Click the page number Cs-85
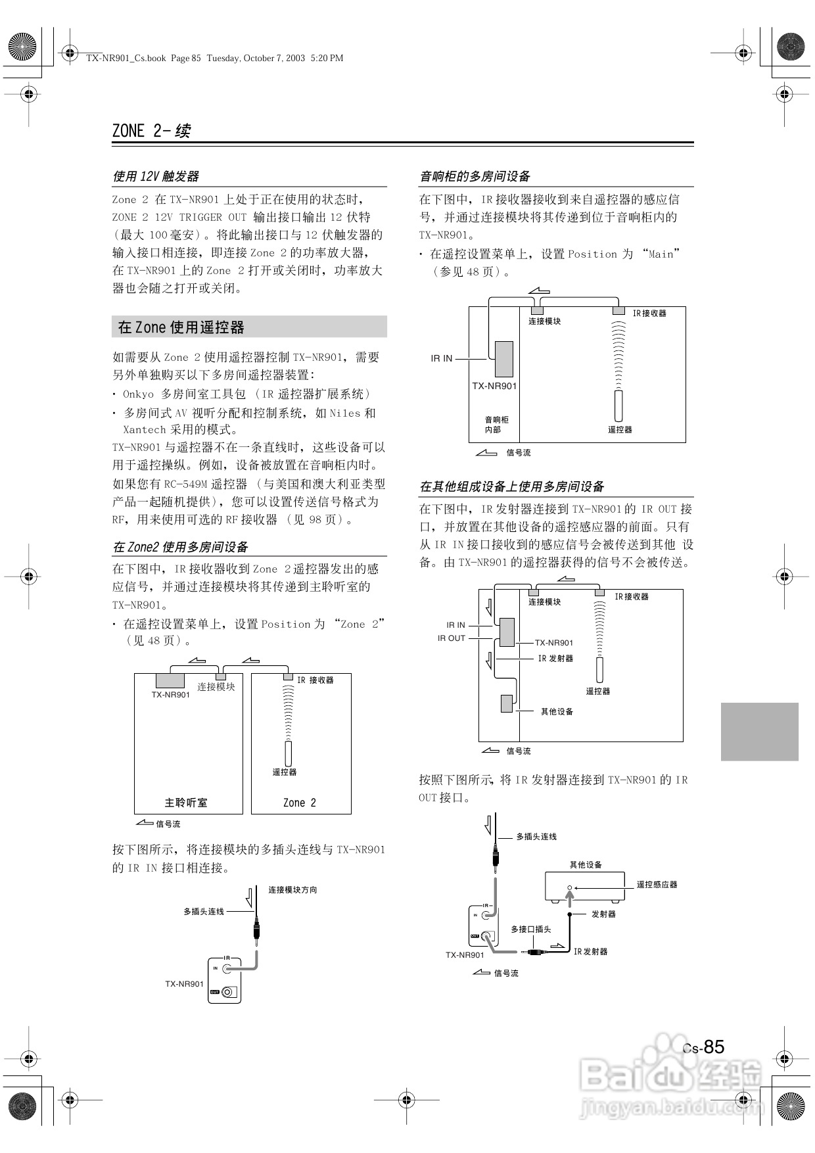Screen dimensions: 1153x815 (703, 1047)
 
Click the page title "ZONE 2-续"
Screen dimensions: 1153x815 (151, 131)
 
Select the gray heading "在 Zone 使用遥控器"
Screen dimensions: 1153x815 (181, 327)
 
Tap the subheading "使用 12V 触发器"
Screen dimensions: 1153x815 (156, 176)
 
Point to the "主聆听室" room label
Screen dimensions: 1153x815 (186, 803)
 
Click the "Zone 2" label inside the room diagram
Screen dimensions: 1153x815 (300, 803)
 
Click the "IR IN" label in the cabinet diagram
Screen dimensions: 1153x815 (442, 358)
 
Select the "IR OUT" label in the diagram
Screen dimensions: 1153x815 (452, 638)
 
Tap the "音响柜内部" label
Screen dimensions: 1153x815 (496, 425)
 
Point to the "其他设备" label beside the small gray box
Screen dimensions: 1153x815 (557, 711)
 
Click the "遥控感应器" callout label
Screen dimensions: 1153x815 (657, 884)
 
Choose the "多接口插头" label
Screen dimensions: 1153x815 (531, 929)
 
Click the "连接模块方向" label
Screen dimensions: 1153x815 (292, 889)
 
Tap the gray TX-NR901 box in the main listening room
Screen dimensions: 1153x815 (170, 680)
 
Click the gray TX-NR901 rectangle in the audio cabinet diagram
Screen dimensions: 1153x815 (503, 359)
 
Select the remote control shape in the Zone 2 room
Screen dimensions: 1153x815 (288, 753)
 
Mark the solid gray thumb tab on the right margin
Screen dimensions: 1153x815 (759, 731)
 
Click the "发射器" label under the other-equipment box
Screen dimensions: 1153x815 (603, 914)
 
